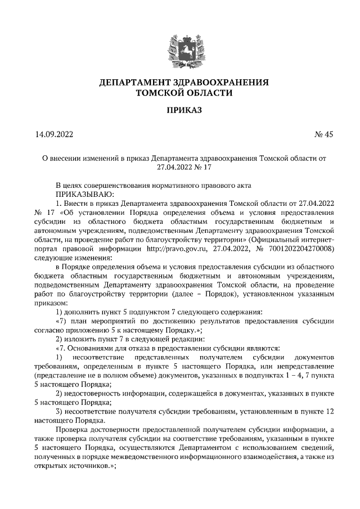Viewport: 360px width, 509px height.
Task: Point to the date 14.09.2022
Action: click(x=54, y=134)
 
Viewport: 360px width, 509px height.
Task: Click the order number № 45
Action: click(x=323, y=134)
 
